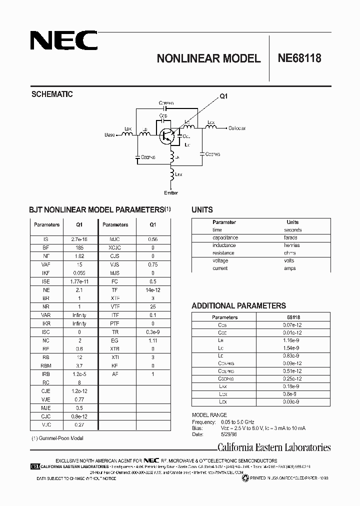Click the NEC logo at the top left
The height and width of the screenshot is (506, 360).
(x=63, y=41)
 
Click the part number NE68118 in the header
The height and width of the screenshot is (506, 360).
(x=299, y=58)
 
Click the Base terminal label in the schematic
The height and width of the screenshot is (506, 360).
(x=109, y=135)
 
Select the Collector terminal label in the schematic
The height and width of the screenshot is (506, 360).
(x=237, y=128)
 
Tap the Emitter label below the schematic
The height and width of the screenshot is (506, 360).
(x=171, y=192)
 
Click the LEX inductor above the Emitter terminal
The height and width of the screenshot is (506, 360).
(x=171, y=175)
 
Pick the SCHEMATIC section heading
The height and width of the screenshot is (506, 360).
(x=52, y=94)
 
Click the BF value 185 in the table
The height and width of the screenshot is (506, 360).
(x=78, y=247)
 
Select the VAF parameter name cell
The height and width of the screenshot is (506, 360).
(x=46, y=264)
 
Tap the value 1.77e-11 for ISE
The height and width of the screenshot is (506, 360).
(x=78, y=281)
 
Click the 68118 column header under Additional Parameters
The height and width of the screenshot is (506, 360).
(x=293, y=317)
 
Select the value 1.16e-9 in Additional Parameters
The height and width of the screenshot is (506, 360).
(x=293, y=339)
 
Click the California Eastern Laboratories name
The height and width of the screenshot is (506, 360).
(x=274, y=447)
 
